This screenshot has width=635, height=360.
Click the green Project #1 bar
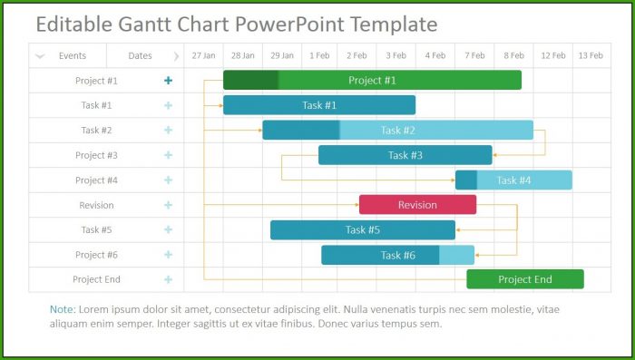372,80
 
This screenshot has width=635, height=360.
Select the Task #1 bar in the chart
319,105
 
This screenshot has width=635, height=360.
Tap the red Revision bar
417,205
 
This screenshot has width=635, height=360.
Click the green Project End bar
525,279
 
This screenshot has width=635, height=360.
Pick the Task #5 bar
363,230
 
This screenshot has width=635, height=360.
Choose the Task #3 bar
405,155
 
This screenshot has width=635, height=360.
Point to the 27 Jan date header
204,55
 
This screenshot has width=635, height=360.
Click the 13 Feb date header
591,55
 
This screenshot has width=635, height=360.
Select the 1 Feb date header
319,55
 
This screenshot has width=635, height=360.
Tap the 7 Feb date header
474,55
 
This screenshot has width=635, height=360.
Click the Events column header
73,56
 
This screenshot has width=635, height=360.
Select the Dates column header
140,56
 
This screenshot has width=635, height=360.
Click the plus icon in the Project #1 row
168,81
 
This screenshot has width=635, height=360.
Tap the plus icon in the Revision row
168,205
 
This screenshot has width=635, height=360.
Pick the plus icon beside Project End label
168,279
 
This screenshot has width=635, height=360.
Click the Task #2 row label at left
96,131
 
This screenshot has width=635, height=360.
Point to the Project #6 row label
96,255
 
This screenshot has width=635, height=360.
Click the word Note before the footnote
63,310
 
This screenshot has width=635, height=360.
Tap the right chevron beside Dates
176,56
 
